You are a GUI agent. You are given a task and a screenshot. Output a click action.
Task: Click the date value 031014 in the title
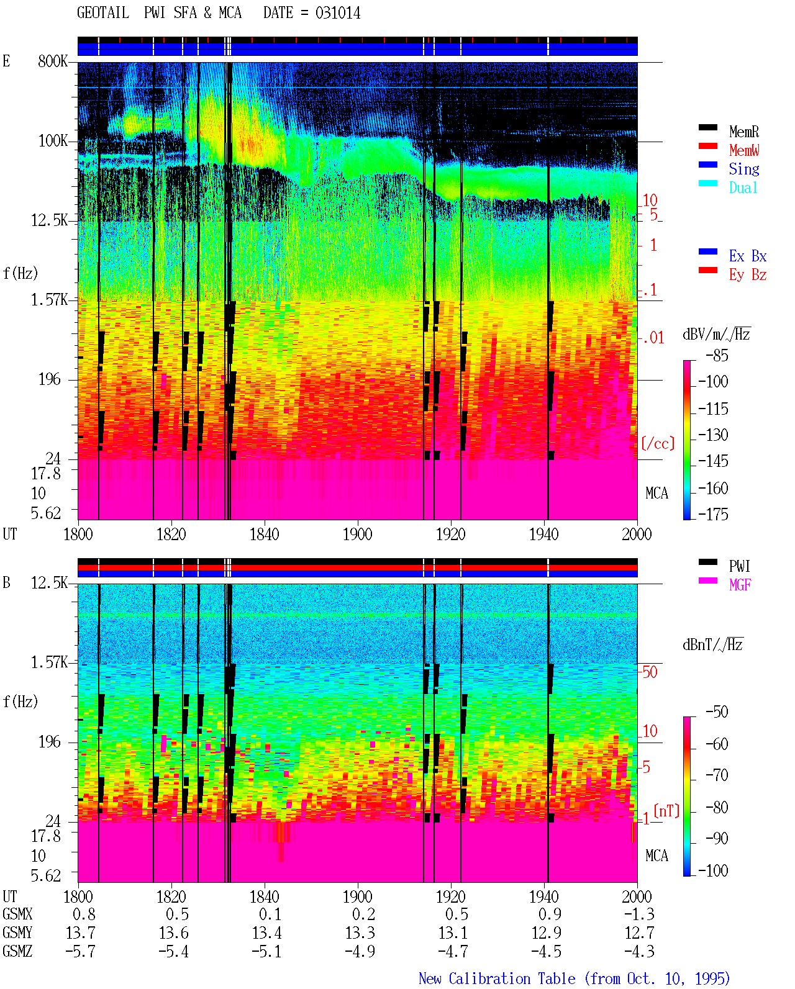click(x=337, y=13)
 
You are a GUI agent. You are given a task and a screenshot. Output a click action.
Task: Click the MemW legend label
click(x=743, y=150)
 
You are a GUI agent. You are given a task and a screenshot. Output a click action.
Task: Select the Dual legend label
click(x=743, y=187)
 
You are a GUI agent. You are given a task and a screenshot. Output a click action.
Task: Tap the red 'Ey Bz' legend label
click(x=748, y=274)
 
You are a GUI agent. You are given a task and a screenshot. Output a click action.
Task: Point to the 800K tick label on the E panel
click(x=53, y=61)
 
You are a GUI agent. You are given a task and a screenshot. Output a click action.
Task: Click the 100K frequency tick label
click(x=53, y=141)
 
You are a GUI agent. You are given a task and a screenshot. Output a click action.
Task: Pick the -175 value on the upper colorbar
click(x=713, y=514)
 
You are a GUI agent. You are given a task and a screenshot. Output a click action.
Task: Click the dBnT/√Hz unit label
click(x=712, y=645)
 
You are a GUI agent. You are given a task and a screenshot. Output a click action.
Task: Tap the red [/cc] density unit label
click(x=658, y=443)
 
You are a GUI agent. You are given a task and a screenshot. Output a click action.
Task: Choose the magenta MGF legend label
click(x=740, y=585)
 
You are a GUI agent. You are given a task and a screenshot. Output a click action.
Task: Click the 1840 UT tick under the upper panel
click(x=265, y=534)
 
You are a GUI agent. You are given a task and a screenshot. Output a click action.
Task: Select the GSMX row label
click(x=17, y=914)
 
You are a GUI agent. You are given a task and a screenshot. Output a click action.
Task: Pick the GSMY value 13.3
click(x=360, y=933)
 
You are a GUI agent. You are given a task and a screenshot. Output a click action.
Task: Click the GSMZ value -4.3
click(x=639, y=951)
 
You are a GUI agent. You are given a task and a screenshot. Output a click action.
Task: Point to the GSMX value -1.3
click(x=639, y=914)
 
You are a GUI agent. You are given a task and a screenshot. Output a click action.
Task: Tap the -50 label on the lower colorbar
click(x=717, y=712)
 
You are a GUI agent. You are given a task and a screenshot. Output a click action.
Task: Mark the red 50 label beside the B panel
click(x=650, y=672)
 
